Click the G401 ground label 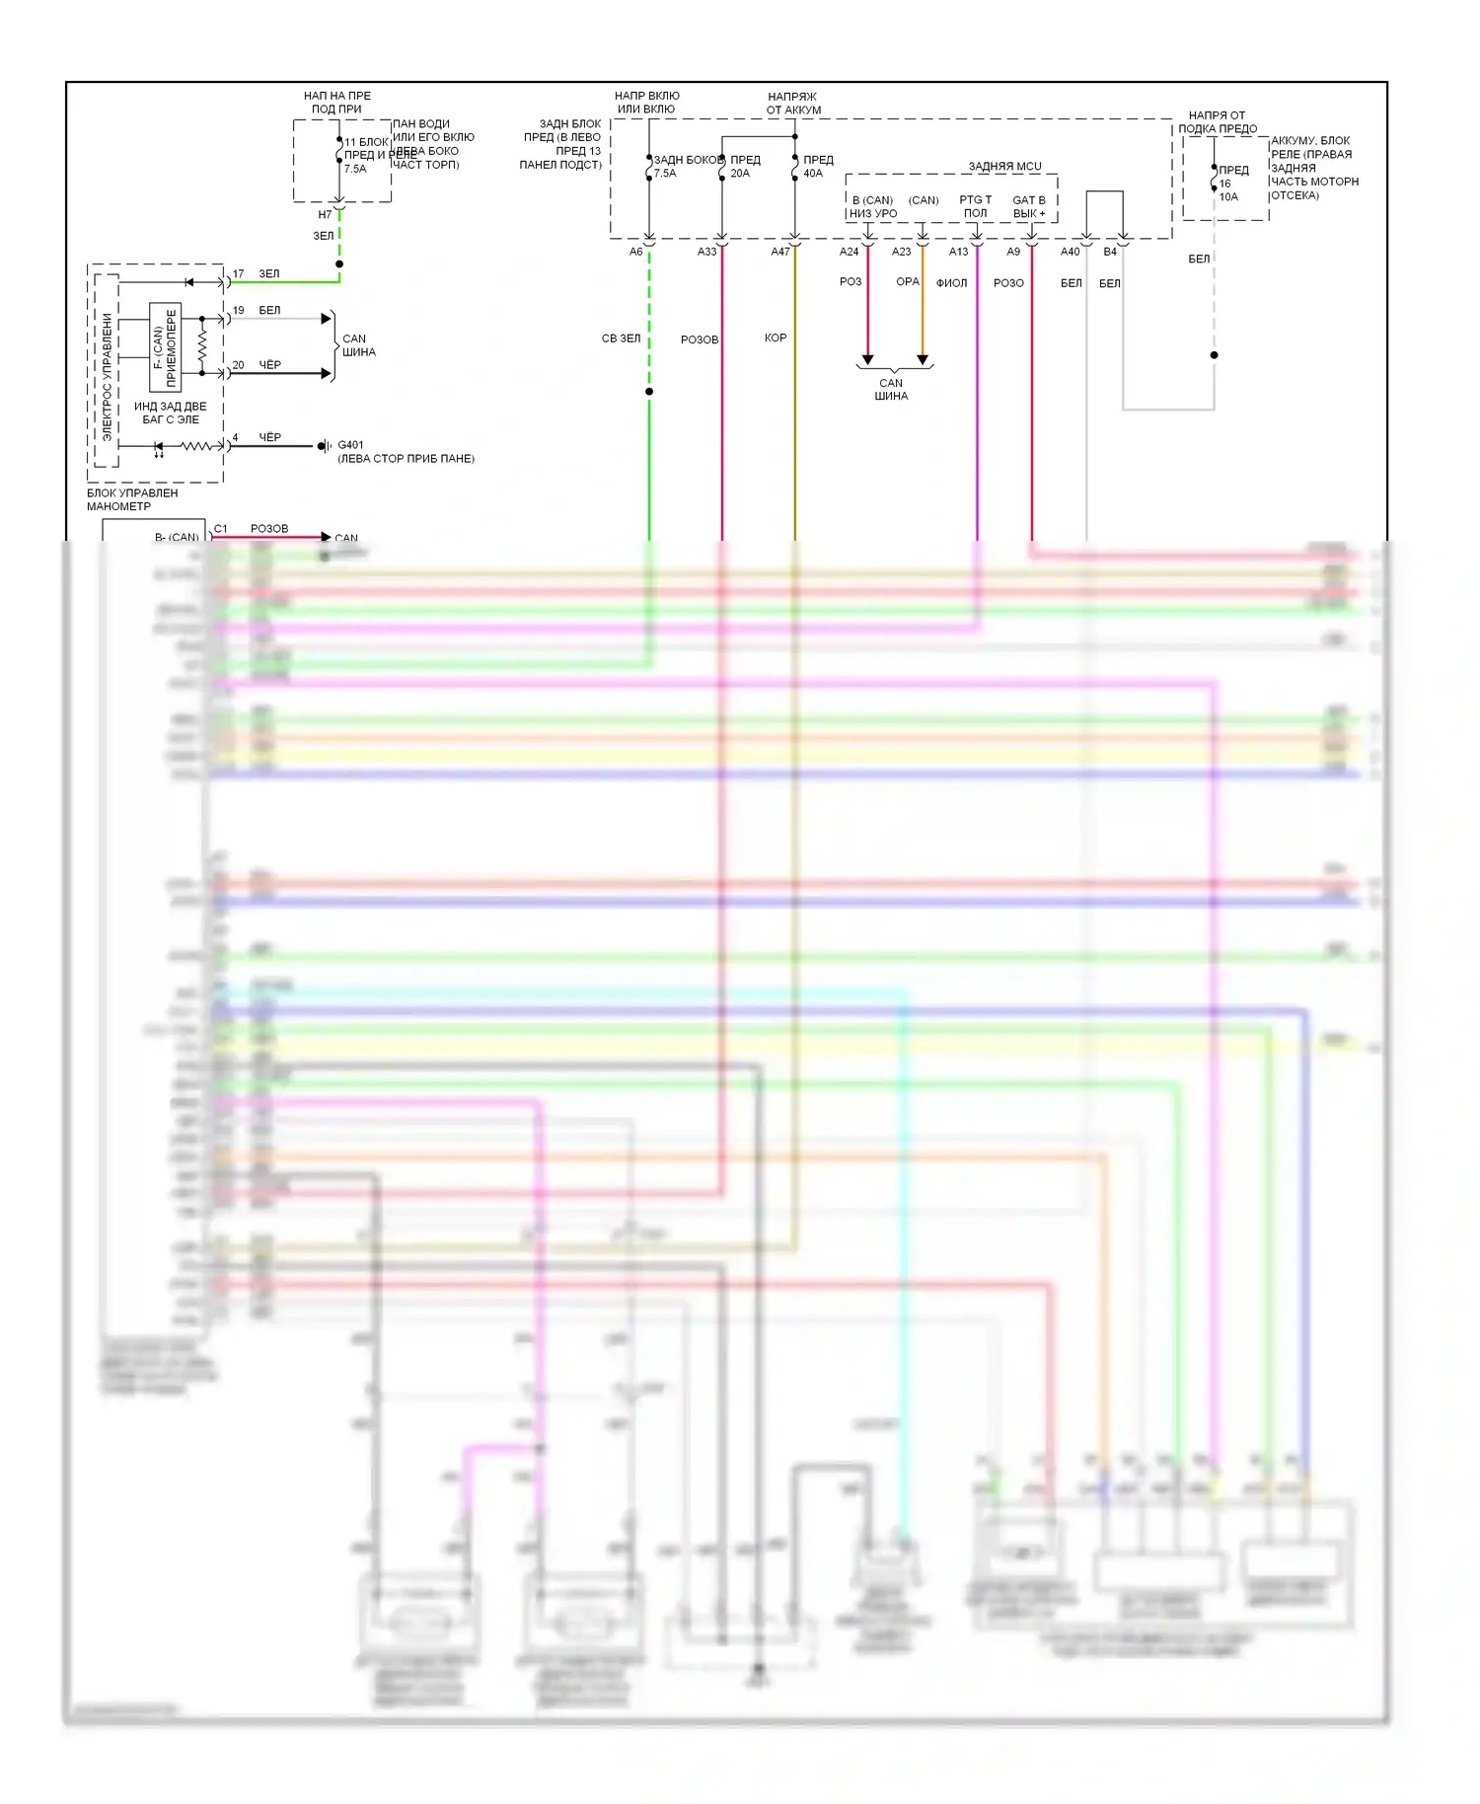coord(350,445)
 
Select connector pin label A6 coord(636,252)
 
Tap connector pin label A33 coord(707,252)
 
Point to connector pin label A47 coord(780,252)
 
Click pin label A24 coord(850,252)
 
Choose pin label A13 coord(959,252)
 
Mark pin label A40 coord(1071,252)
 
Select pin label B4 coord(1110,252)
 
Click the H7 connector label coord(325,214)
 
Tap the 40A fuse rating coord(813,174)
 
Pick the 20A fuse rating coord(740,174)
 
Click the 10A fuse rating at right coord(1228,197)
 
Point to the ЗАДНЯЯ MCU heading coord(1004,167)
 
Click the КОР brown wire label coord(776,338)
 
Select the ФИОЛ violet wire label coord(951,283)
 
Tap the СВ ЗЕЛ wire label coord(621,338)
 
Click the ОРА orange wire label coord(908,282)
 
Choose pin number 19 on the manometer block coord(238,310)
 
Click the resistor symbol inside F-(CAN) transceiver coord(202,345)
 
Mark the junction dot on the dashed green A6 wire coord(649,392)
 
